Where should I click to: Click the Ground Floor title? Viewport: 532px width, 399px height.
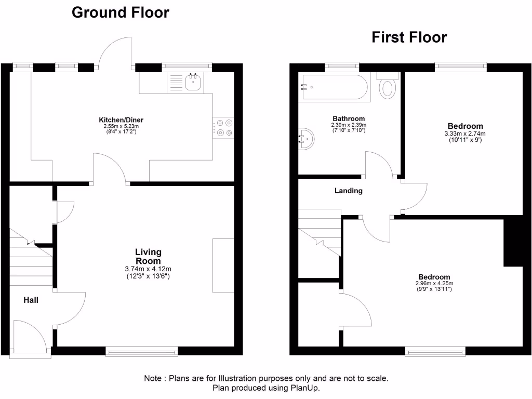point(120,12)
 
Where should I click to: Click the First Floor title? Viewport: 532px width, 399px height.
point(409,37)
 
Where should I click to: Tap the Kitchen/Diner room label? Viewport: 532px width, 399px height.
point(122,119)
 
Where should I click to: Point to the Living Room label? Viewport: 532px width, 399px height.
point(148,257)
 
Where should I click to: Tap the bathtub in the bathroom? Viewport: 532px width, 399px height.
point(334,86)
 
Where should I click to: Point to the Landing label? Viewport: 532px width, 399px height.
point(348,191)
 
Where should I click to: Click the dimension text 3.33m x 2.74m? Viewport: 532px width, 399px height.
point(465,134)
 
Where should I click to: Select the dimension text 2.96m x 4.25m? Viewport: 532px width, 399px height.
point(434,284)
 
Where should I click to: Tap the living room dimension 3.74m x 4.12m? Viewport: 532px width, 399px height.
point(148,269)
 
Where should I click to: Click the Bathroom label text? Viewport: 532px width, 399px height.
point(348,118)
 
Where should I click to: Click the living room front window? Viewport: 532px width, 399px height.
point(141,352)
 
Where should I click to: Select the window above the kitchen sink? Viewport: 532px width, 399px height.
point(187,66)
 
